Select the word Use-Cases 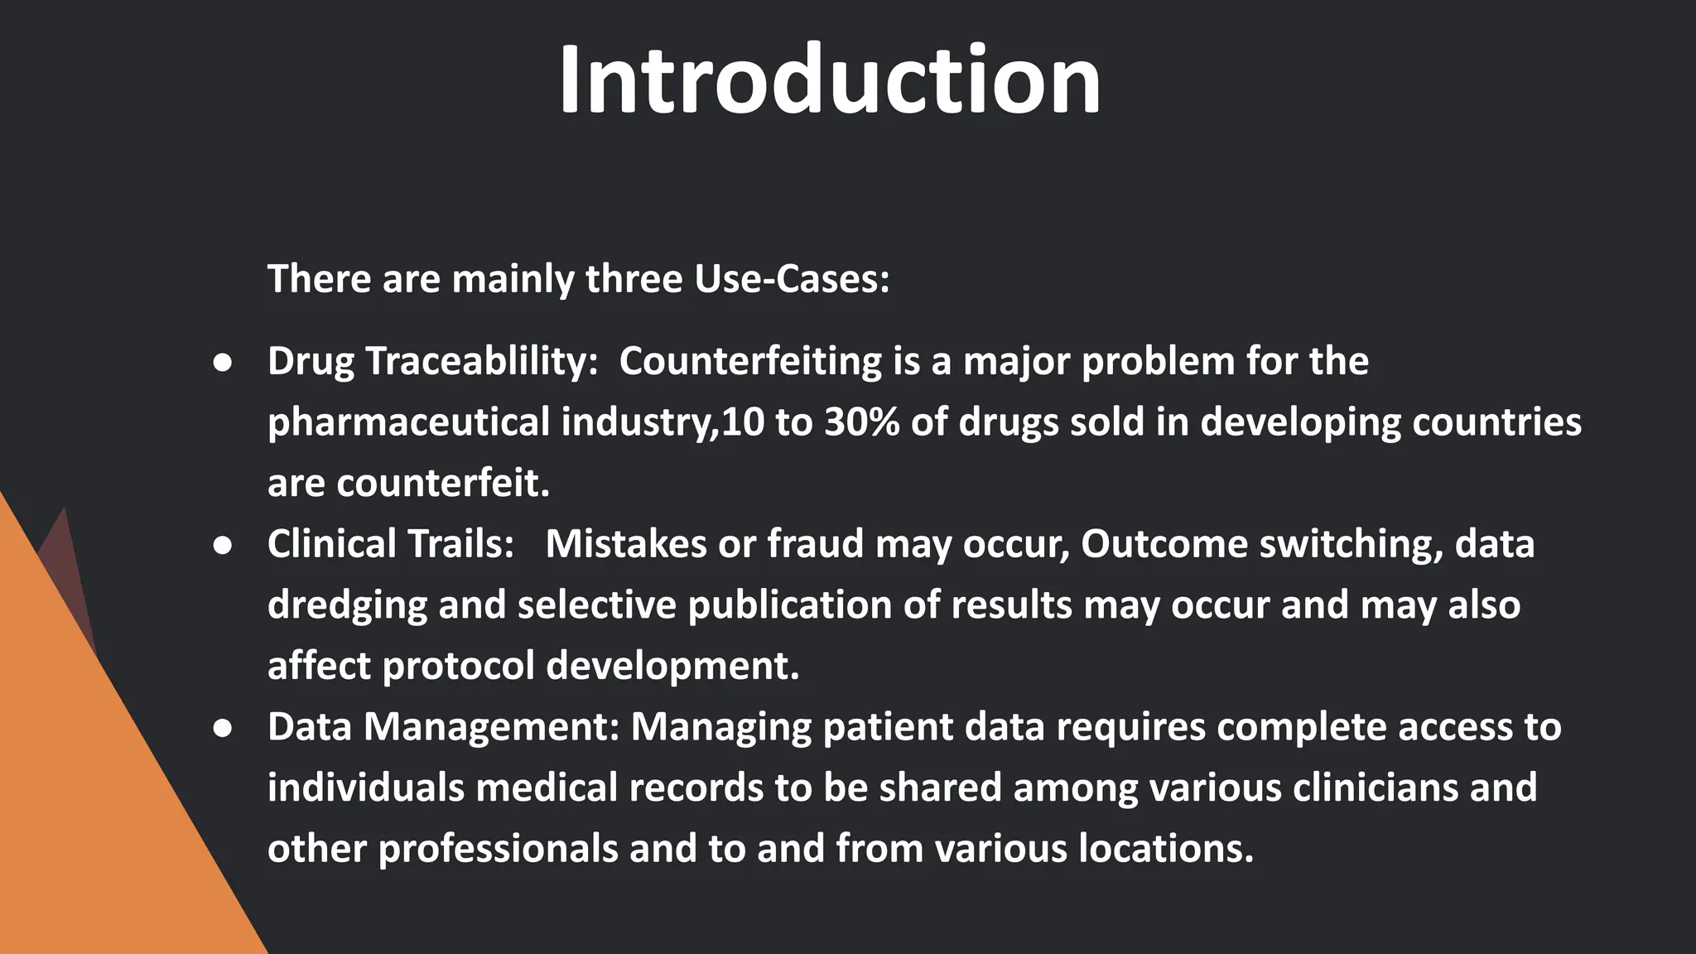click(791, 278)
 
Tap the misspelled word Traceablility click(480, 361)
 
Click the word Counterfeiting click(750, 361)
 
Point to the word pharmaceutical click(408, 422)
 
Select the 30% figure click(861, 422)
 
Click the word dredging click(346, 605)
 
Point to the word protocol click(459, 666)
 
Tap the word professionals click(498, 849)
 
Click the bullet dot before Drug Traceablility click(222, 363)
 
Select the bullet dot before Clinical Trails click(222, 546)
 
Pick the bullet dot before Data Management click(222, 729)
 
